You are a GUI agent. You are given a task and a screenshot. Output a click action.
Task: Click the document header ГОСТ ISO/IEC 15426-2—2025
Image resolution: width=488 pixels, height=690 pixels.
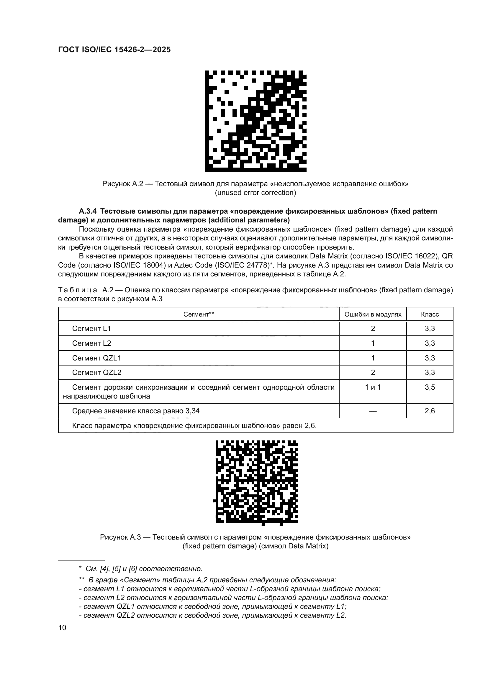[x=114, y=50]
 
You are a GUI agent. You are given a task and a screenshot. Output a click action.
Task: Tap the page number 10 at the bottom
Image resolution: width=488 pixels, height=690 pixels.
[x=62, y=627]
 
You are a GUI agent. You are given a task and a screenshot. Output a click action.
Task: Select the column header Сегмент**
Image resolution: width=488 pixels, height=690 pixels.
[x=198, y=314]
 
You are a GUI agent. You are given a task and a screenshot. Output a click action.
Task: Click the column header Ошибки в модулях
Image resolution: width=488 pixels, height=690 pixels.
[x=373, y=314]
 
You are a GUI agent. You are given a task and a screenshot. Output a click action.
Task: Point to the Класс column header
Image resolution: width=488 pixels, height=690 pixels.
[x=430, y=314]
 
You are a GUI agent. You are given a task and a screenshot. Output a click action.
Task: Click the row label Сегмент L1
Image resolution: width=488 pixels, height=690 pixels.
[x=91, y=328]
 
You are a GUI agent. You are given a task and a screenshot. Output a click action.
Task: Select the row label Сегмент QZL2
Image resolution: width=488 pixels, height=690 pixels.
[x=96, y=372]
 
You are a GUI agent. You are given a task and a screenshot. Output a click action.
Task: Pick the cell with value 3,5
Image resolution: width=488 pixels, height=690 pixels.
[x=430, y=387]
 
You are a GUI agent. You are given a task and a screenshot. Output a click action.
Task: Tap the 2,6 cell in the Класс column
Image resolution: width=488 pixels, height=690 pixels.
[x=430, y=411]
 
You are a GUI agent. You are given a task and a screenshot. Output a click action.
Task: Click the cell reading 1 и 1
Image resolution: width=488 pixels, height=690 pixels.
[x=373, y=387]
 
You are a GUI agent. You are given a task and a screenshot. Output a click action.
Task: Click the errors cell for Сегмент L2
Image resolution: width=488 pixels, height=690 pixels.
[x=373, y=343]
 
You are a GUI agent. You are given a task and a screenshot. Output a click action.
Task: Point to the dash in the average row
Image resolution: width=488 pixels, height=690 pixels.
[x=373, y=411]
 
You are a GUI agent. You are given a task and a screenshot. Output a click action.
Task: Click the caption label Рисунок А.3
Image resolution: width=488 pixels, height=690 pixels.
[x=120, y=537]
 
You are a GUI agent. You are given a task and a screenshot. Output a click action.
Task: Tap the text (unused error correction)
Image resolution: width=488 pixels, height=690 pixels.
[x=256, y=193]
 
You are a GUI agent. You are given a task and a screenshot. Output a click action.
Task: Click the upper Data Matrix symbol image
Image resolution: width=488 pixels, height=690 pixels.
[x=256, y=121]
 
